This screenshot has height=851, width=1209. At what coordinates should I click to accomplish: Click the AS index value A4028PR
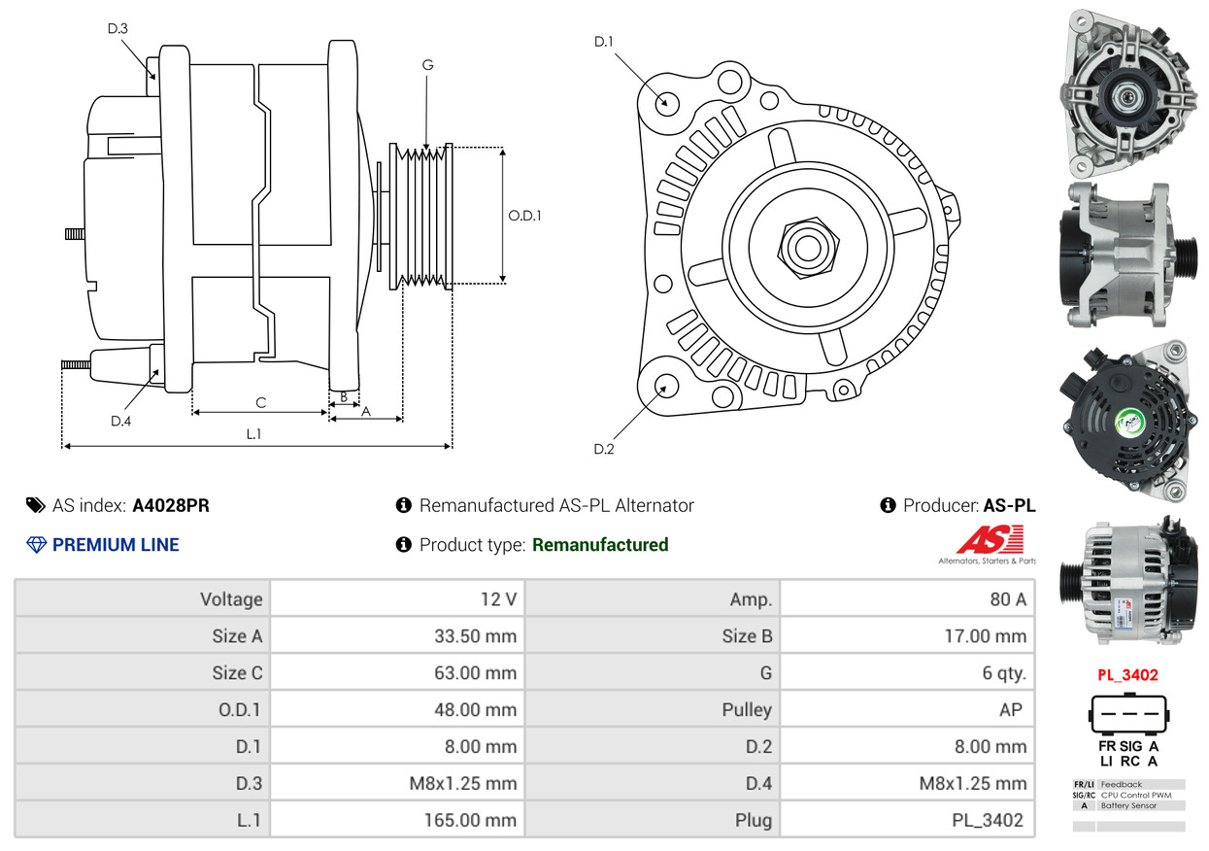click(170, 505)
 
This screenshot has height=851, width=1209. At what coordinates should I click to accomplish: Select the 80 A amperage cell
click(1007, 599)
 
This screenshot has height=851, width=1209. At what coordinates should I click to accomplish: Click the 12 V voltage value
click(498, 599)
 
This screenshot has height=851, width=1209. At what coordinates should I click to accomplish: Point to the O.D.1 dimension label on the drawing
click(524, 216)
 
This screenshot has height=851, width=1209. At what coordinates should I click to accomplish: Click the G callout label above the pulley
click(427, 65)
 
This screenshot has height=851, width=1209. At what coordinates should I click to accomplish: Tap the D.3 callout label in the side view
click(118, 29)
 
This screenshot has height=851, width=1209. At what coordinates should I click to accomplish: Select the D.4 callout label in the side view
click(120, 421)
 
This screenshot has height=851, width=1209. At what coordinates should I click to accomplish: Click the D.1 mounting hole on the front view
click(666, 101)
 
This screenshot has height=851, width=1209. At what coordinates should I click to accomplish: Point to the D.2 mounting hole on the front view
click(666, 387)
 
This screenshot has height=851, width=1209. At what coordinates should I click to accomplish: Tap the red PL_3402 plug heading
click(1127, 675)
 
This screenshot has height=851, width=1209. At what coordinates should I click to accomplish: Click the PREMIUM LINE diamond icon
click(37, 545)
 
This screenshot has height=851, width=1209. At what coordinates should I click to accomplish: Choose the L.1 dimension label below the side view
click(253, 434)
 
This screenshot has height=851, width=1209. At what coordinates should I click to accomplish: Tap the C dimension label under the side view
click(260, 402)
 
